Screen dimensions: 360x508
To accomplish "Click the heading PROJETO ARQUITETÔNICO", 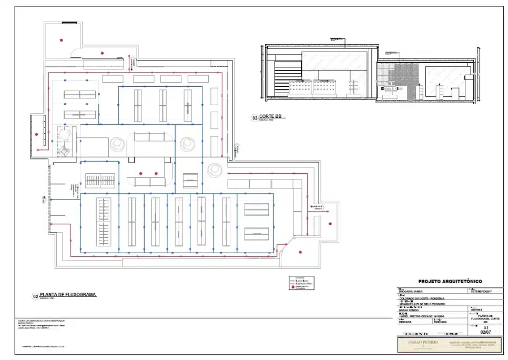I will coord(449,282).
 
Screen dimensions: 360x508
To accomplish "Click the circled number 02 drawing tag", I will coord(35,296).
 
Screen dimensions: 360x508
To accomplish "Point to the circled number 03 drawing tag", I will coord(255,118).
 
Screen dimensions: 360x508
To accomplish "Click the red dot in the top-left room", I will coord(62,39).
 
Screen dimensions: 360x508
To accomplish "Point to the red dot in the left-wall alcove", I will coord(36,134).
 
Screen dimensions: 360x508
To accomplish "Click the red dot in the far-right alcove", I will coord(330,224).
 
